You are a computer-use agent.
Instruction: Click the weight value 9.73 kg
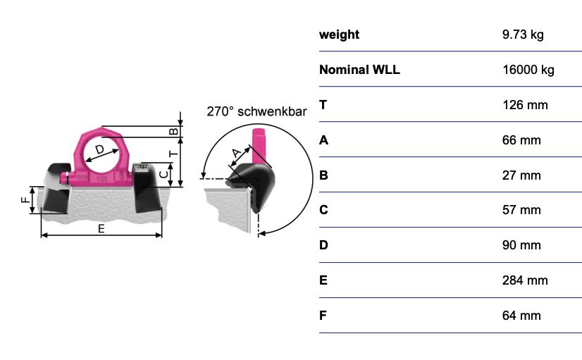coord(523,35)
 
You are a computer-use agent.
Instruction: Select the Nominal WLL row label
coord(359,70)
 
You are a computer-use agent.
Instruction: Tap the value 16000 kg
coord(528,70)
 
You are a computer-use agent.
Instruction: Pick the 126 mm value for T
coord(525,105)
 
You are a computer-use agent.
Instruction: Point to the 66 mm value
coord(521,140)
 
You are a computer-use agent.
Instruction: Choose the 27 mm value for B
coord(521,175)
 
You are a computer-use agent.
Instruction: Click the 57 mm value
coord(521,210)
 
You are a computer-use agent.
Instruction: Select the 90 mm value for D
coord(521,245)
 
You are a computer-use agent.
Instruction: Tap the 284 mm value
coord(525,280)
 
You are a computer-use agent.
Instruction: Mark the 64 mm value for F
coord(521,316)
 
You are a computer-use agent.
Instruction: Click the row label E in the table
coord(323,280)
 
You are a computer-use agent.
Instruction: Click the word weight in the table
coord(339,35)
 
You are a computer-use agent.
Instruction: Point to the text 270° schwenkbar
coord(257,111)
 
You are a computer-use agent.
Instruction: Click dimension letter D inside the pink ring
coord(99,149)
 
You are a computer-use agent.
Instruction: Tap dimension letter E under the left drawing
coord(101,229)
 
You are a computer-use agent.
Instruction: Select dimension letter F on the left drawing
coord(25,200)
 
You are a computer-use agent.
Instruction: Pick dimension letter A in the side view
coord(236,153)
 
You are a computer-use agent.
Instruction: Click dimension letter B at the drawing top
coord(174,131)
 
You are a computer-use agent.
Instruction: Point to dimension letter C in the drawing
coord(163,174)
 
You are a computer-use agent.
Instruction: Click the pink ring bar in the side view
coord(258,145)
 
